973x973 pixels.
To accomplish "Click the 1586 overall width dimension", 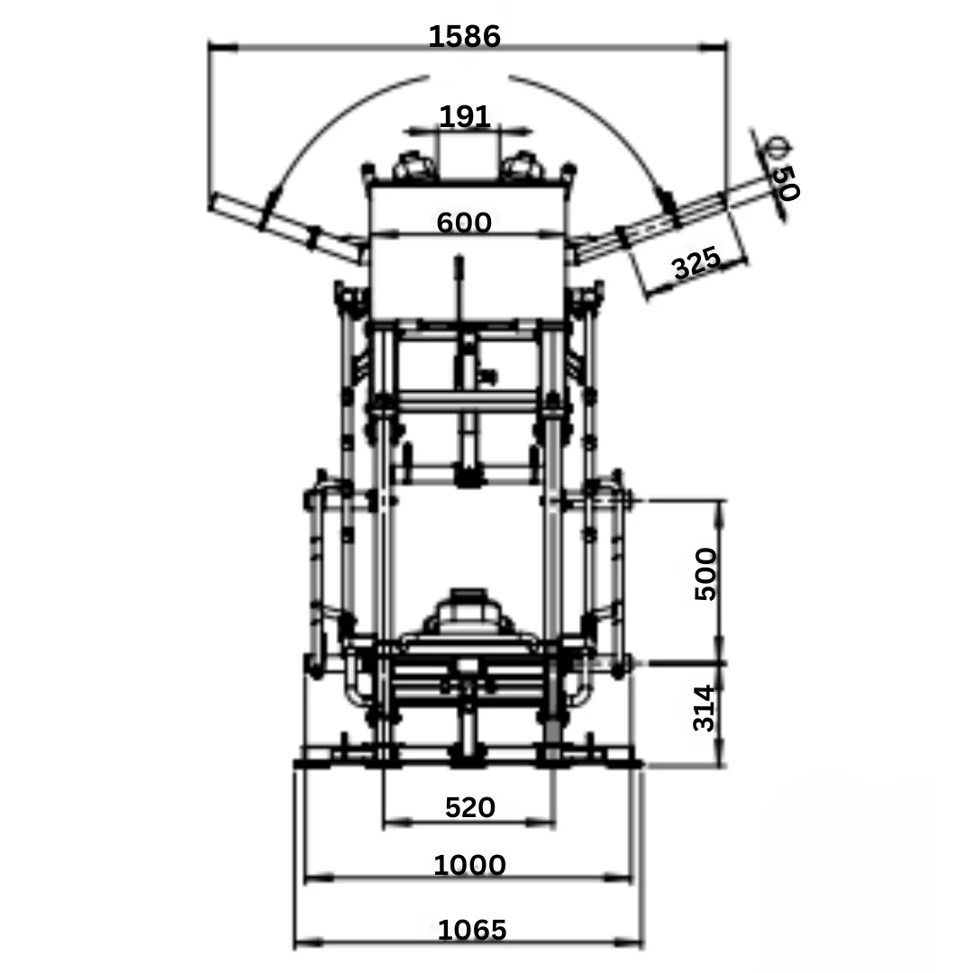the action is pos(464,37).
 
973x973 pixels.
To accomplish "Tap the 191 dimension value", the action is pos(465,116).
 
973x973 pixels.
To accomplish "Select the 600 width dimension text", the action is pos(464,223).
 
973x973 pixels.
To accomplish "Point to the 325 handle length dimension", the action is pos(696,262).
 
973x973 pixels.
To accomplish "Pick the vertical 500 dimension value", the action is pos(705,574).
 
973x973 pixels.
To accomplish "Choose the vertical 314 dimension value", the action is pos(705,709).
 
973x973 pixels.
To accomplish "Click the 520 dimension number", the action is pos(469,808).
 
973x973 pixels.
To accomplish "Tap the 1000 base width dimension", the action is pos(469,865).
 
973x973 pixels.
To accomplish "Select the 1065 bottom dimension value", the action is pos(472,930).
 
